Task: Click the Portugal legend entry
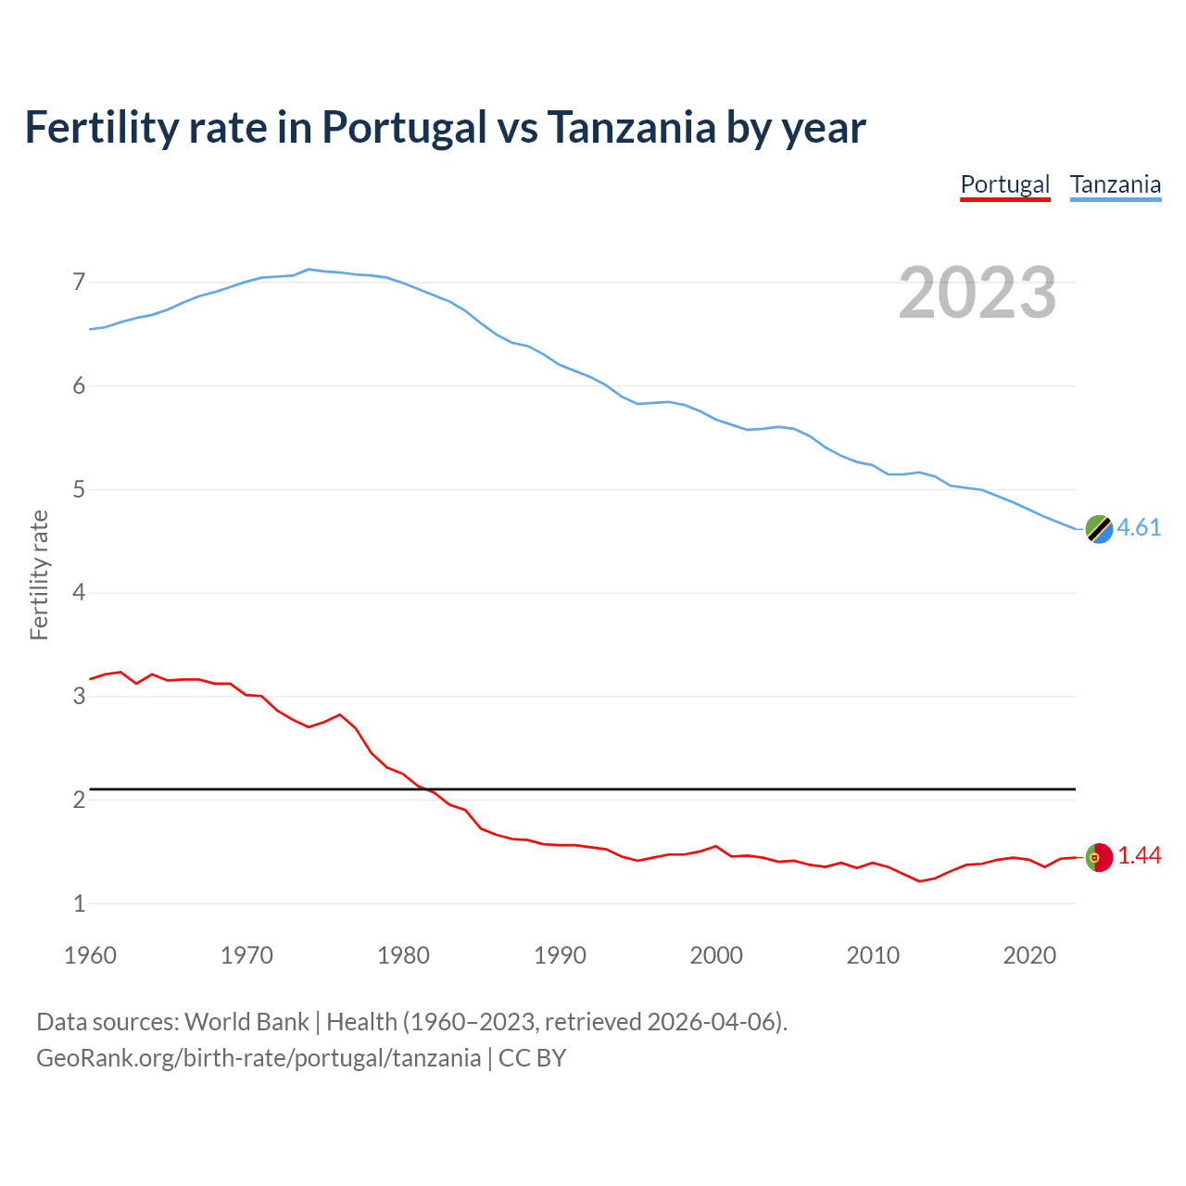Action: click(1004, 184)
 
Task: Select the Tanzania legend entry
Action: click(1115, 184)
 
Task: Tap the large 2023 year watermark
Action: click(977, 293)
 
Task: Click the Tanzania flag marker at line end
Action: click(1099, 529)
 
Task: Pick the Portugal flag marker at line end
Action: click(1099, 857)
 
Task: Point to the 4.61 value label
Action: click(1139, 527)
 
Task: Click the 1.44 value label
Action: click(1139, 856)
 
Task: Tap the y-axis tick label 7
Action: click(79, 282)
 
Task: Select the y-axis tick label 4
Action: click(79, 592)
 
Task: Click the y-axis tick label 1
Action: click(79, 903)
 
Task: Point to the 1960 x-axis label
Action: click(90, 955)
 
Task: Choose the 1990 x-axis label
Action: click(560, 955)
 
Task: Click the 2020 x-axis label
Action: click(1029, 955)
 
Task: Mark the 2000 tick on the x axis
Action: click(716, 955)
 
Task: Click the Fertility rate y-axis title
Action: click(39, 574)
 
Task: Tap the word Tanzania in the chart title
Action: click(631, 127)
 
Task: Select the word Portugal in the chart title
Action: click(404, 127)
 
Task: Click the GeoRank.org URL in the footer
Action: click(259, 1058)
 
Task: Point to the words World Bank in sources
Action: click(246, 1022)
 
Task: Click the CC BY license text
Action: click(532, 1058)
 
